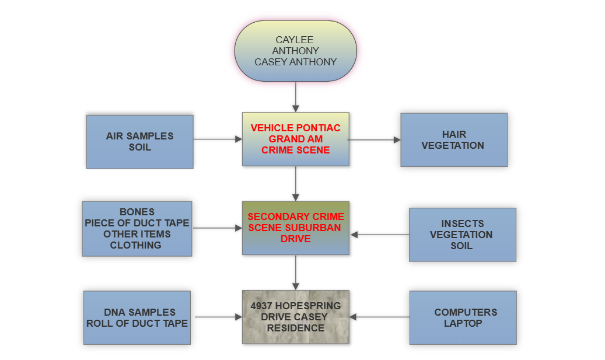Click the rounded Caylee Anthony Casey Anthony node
[295, 50]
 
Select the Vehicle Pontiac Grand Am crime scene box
[295, 139]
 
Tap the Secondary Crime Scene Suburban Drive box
[295, 228]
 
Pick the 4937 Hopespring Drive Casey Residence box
[295, 317]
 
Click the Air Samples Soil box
[139, 142]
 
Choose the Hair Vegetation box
[453, 140]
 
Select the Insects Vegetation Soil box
[462, 235]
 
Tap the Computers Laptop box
[463, 317]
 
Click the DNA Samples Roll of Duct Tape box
[137, 317]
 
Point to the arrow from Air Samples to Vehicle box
[217, 139]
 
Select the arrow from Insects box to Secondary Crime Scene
[379, 235]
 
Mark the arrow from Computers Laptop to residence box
[379, 317]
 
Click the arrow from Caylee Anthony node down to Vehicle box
[296, 96]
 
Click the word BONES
[137, 212]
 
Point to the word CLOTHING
[136, 245]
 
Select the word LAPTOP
[463, 323]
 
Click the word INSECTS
[462, 223]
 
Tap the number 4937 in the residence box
[261, 306]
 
